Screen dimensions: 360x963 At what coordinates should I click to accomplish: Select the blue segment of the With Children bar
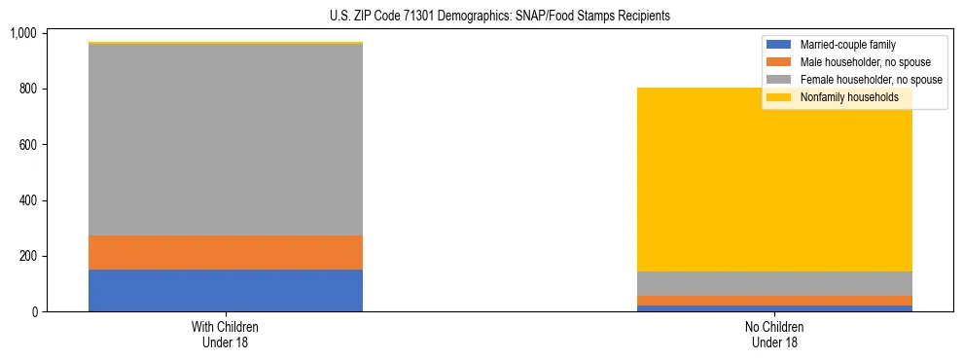(226, 290)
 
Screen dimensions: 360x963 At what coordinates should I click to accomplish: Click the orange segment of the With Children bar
(226, 252)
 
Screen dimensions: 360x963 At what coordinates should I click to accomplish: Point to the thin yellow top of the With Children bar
(226, 43)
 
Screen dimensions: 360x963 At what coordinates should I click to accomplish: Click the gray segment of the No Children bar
(774, 283)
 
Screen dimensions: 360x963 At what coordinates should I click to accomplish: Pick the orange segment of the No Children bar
(774, 301)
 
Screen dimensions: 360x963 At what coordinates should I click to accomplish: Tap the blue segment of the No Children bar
(774, 308)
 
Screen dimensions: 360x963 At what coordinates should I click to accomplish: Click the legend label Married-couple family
(847, 45)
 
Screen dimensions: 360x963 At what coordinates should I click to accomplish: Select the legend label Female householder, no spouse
(871, 80)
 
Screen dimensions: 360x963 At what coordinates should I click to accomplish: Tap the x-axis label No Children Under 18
(774, 334)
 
